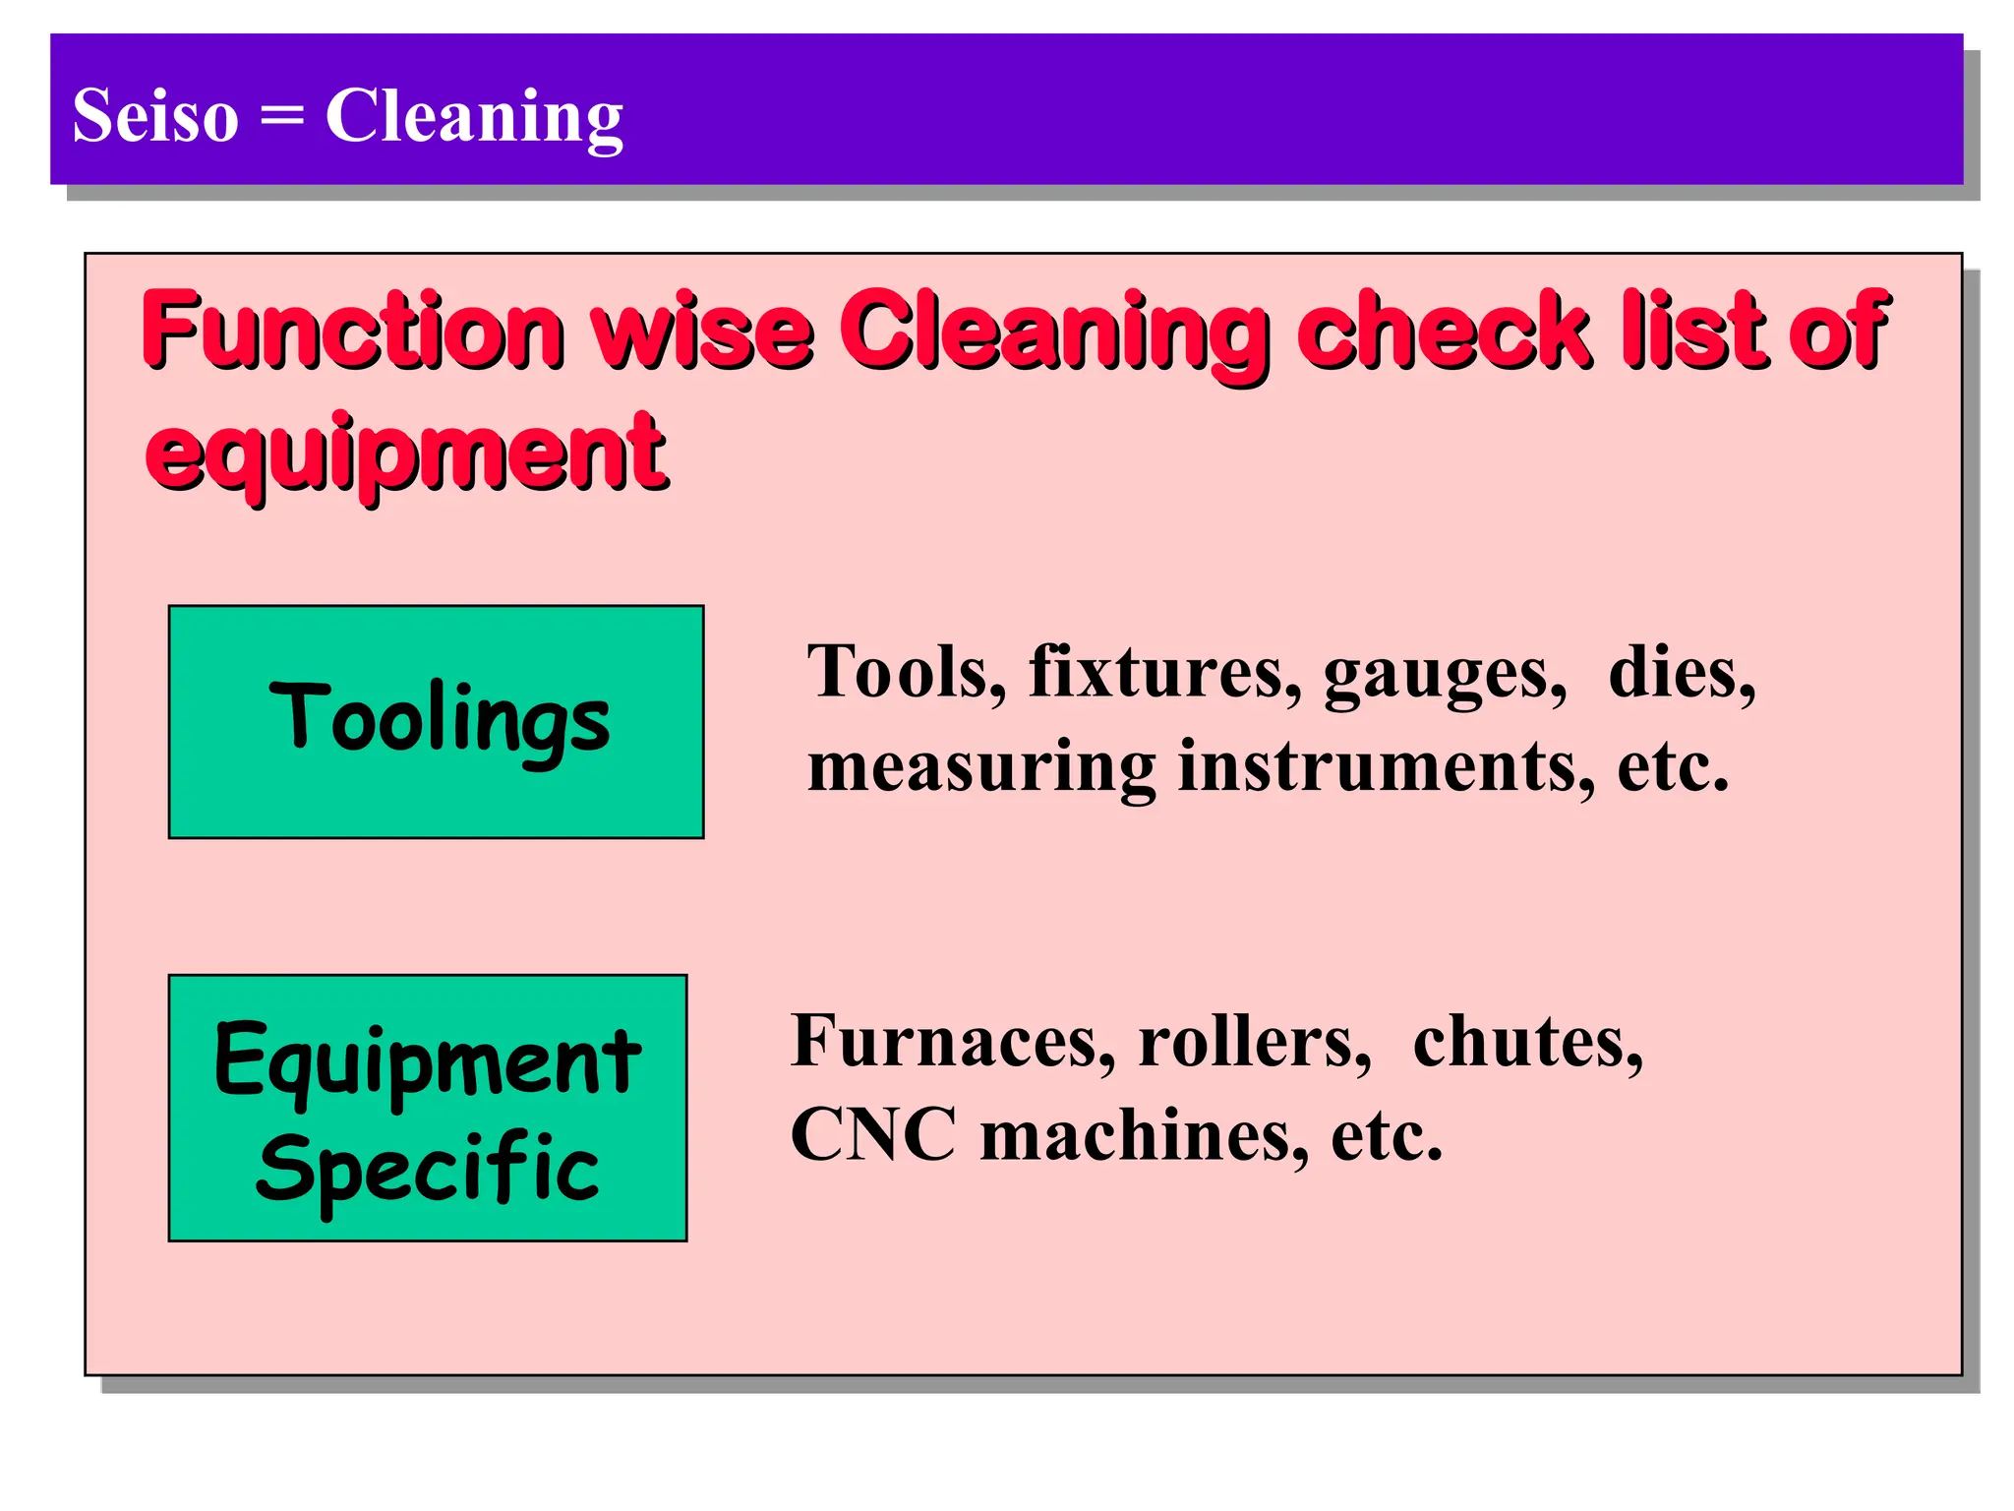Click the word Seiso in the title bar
[155, 116]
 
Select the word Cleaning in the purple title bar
[474, 116]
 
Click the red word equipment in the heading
[405, 454]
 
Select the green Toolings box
[436, 721]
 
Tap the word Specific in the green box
[427, 1169]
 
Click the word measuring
[981, 767]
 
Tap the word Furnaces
[952, 1041]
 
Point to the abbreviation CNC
[873, 1135]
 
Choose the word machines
[1144, 1135]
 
